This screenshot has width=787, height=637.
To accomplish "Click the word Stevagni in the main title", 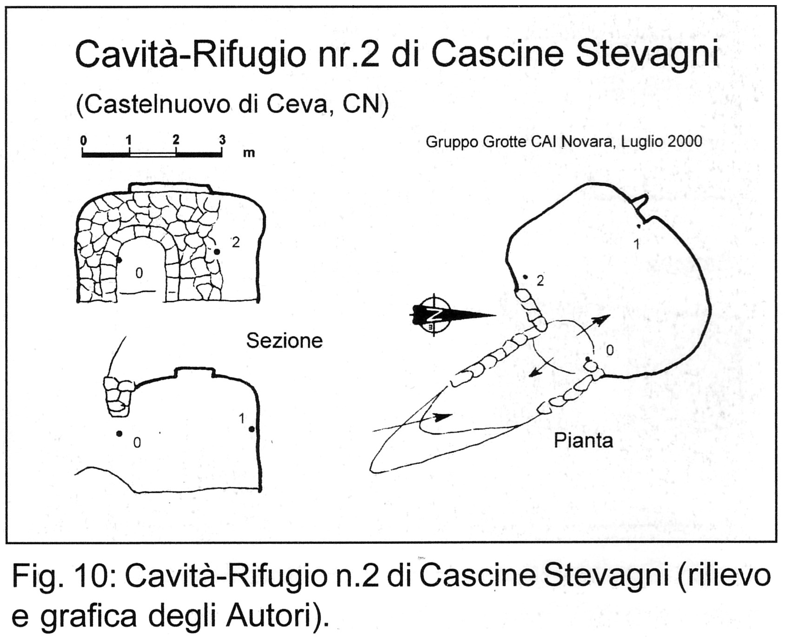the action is tap(647, 54).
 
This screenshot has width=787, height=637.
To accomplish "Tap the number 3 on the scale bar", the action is tap(222, 140).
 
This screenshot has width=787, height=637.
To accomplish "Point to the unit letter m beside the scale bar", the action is tap(249, 153).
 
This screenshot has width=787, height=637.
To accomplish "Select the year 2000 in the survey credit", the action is tap(685, 141).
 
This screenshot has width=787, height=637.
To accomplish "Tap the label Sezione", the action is tap(284, 341).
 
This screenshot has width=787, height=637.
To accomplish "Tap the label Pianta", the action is tap(583, 440).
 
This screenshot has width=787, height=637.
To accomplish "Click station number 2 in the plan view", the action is tap(540, 281).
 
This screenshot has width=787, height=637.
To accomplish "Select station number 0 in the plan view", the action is tap(610, 350).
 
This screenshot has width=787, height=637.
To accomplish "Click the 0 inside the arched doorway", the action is tap(139, 273).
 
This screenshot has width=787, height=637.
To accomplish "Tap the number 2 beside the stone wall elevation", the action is tap(236, 242).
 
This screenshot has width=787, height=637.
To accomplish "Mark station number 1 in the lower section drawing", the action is tap(242, 419).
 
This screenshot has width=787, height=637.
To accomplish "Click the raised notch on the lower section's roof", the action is tap(194, 372).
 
